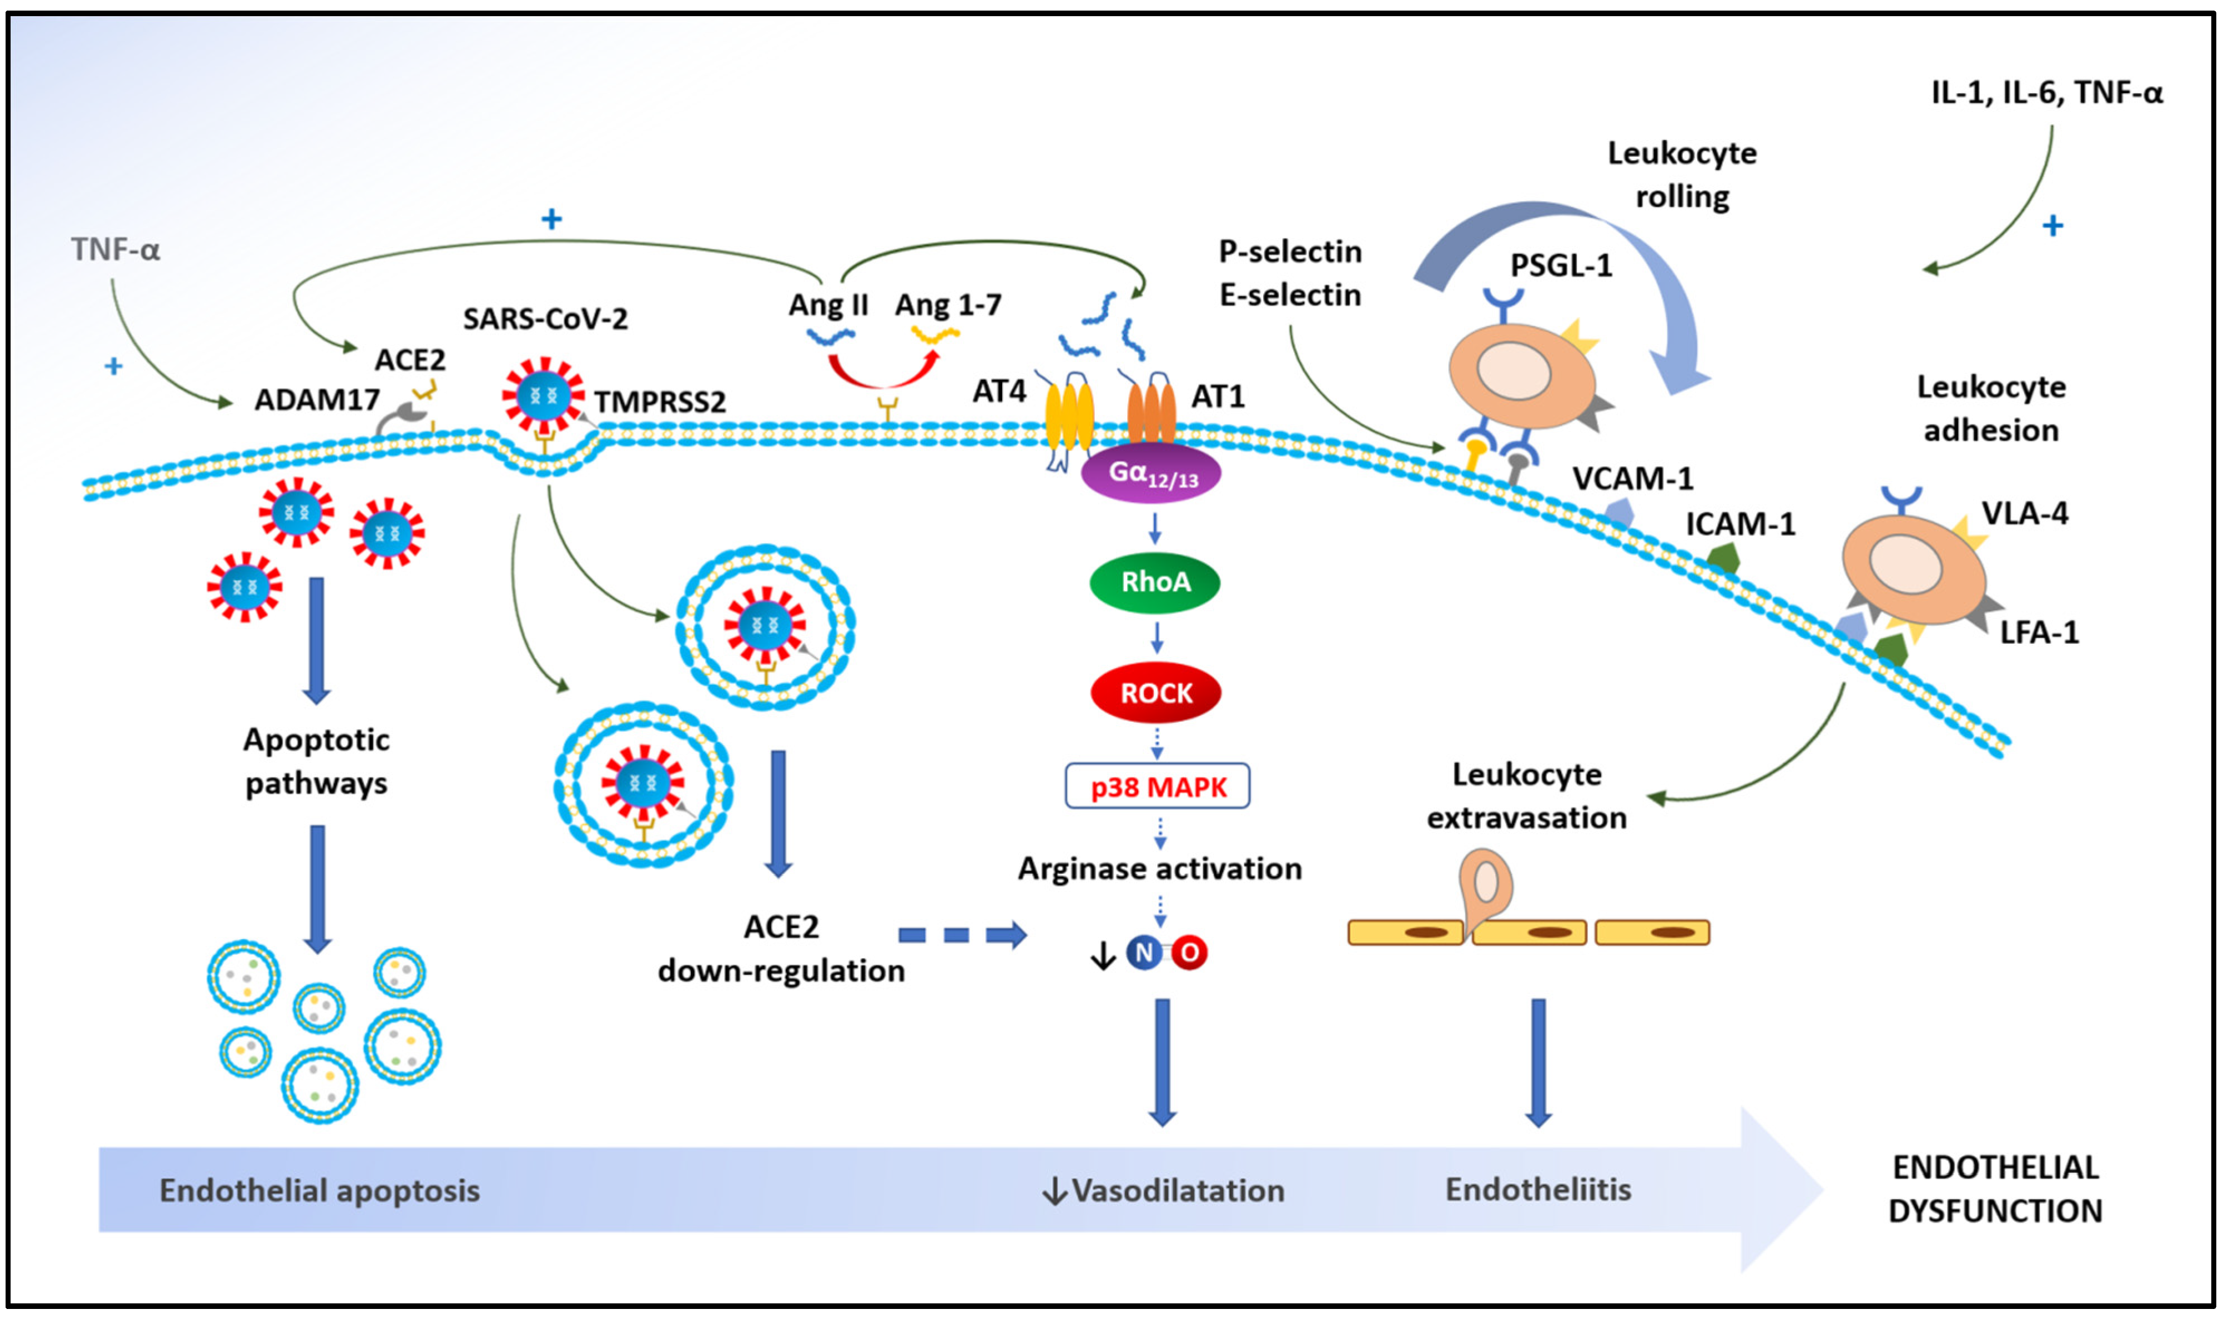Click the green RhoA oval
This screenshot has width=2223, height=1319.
pos(1154,582)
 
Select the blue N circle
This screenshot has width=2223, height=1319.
pos(1143,953)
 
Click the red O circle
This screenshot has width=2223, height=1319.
pos(1189,953)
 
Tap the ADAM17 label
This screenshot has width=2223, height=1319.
pos(317,400)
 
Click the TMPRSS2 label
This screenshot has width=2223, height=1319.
pos(660,402)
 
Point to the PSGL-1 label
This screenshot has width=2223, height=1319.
pos(1561,265)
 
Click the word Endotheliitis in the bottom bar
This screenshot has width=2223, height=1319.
pos(1538,1189)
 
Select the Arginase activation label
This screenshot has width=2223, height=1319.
pos(1159,868)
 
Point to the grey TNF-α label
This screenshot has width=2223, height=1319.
pos(115,250)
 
